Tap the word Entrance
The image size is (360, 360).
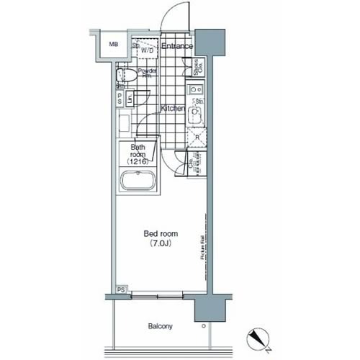click(176, 47)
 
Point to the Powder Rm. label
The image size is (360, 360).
click(148, 74)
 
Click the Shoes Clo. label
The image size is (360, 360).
click(196, 68)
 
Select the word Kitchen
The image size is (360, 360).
click(173, 108)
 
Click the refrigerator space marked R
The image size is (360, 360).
click(197, 138)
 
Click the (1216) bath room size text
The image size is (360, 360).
click(138, 163)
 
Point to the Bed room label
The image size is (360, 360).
click(161, 235)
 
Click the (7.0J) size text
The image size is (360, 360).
click(161, 245)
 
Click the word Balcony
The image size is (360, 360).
click(160, 325)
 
